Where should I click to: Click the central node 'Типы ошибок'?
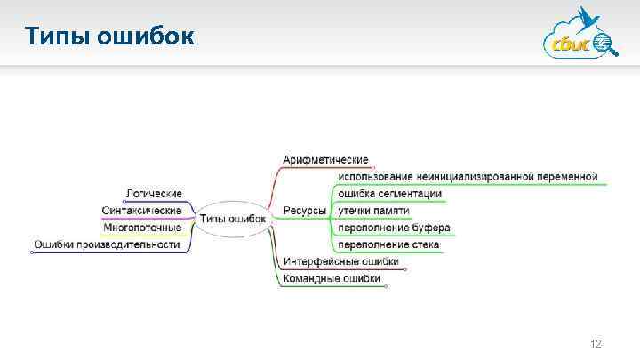(232, 218)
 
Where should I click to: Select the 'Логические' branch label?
(154, 193)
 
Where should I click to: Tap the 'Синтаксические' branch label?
(142, 211)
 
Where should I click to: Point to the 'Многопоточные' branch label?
(142, 227)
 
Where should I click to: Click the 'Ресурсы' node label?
(304, 211)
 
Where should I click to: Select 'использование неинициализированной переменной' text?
(468, 177)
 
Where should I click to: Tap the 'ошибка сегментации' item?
(389, 194)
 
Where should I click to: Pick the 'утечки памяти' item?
(373, 211)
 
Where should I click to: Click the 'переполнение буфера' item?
(394, 228)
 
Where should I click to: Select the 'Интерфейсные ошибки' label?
(340, 261)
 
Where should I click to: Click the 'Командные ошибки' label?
(332, 278)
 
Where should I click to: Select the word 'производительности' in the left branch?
(129, 244)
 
